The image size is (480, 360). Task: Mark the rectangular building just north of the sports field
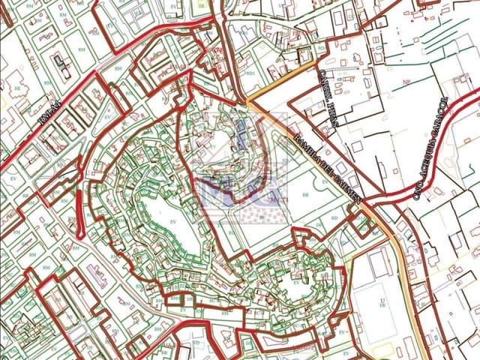tap(379, 262)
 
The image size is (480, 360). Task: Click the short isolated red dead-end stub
tap(78, 214)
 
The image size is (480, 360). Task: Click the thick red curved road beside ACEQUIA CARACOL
tap(450, 135)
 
